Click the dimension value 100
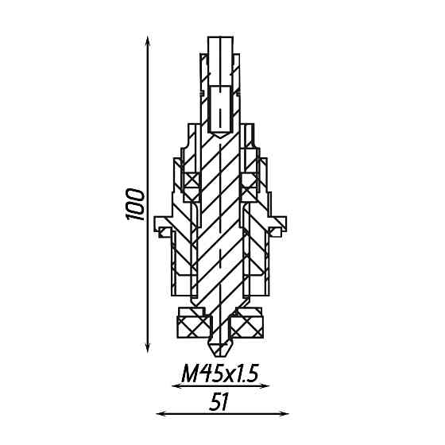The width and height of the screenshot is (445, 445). coord(136,204)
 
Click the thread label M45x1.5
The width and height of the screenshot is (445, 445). coord(221,373)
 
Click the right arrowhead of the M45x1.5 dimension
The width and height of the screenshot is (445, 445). coord(268,386)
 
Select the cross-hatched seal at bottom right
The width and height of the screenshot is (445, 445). coord(248,324)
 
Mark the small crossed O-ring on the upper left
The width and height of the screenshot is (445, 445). coord(191,179)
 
